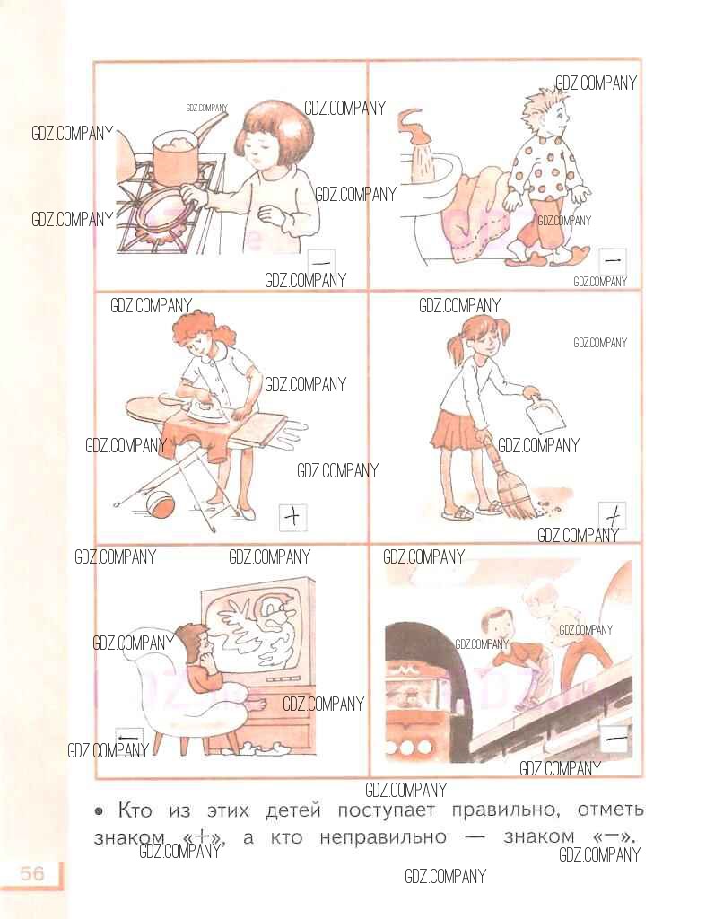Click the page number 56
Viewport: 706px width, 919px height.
(32, 873)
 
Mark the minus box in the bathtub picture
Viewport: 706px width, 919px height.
(613, 260)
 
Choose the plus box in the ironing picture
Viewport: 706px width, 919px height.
(292, 517)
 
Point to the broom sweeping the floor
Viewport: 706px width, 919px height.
(510, 486)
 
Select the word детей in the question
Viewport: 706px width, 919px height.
(293, 811)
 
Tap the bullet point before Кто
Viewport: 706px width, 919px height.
(99, 811)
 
